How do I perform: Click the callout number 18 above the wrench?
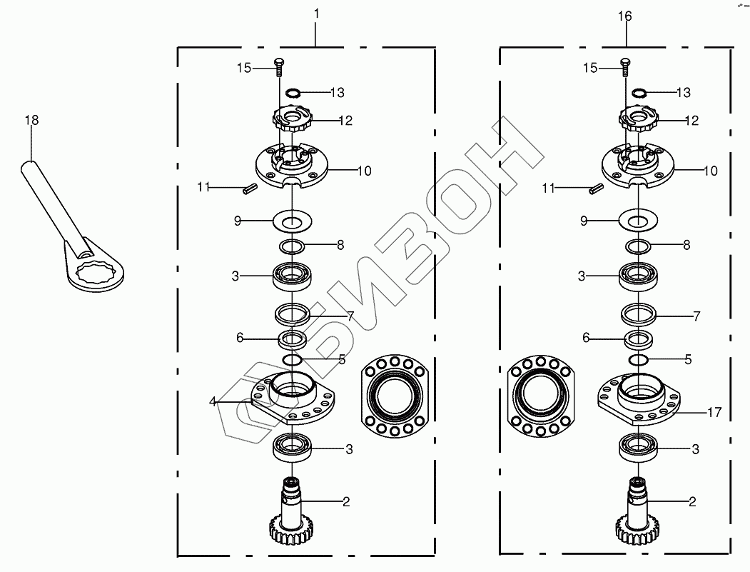coord(31,120)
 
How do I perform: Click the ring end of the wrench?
coord(96,271)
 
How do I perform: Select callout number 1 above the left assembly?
coord(315,14)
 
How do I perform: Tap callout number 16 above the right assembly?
coord(624,16)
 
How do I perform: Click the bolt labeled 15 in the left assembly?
coord(279,67)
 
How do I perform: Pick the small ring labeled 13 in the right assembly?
coord(639,92)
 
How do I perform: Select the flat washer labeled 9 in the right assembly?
coord(639,221)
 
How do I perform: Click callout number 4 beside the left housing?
coord(213,401)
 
